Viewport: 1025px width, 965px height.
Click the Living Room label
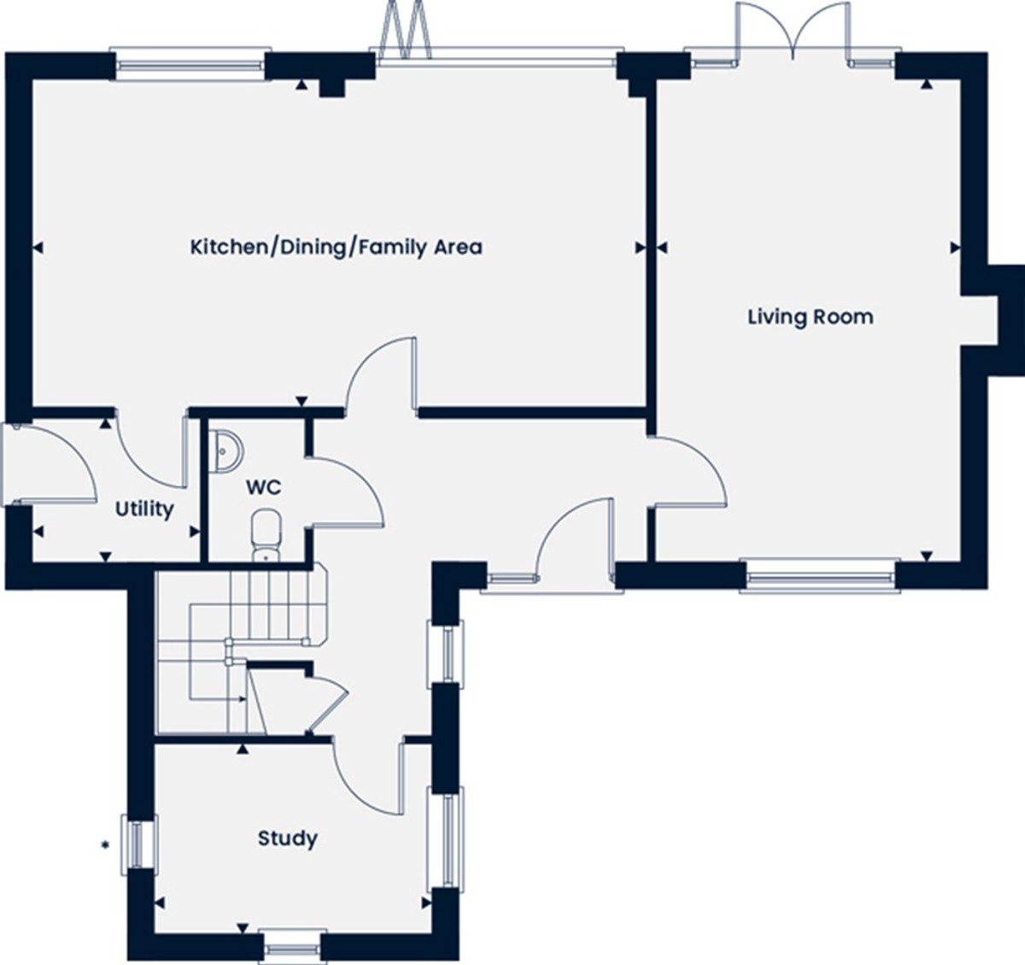pyautogui.click(x=811, y=316)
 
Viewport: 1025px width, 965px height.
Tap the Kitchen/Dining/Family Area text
pyautogui.click(x=337, y=248)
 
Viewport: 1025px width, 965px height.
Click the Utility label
pyautogui.click(x=144, y=509)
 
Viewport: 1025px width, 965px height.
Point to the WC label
pyautogui.click(x=264, y=487)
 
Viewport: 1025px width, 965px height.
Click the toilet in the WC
pyautogui.click(x=266, y=535)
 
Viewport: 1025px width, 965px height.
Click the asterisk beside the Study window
pyautogui.click(x=105, y=844)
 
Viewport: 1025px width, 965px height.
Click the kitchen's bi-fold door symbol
pyautogui.click(x=405, y=28)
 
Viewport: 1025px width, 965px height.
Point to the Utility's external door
pyautogui.click(x=49, y=463)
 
